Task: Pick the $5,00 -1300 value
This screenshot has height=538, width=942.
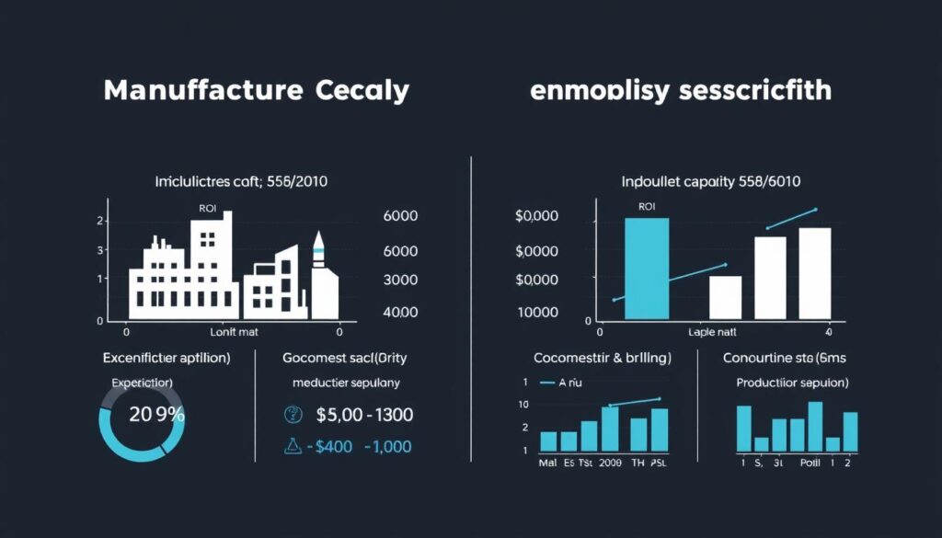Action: [363, 415]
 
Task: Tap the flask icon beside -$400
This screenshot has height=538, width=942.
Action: [293, 446]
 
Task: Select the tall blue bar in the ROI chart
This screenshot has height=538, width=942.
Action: [647, 267]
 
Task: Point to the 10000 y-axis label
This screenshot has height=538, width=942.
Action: [538, 312]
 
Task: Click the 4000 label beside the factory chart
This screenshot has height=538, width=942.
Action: [399, 312]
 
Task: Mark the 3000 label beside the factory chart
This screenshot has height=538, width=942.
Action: [399, 280]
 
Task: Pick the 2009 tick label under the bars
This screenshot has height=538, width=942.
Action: [610, 464]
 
